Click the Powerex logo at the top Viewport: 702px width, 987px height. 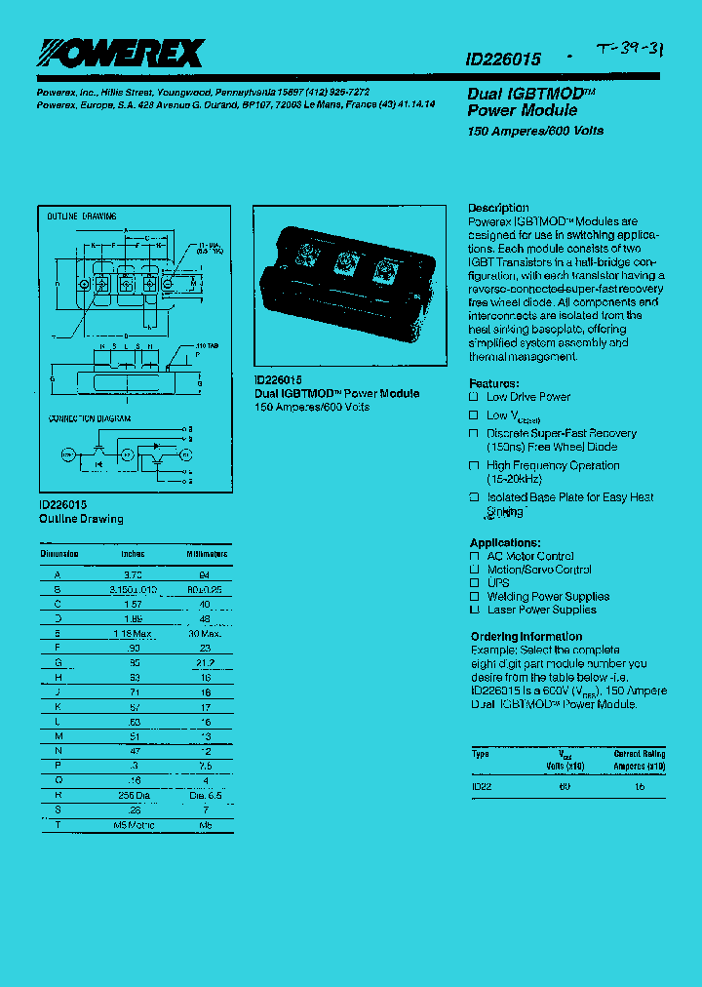114,53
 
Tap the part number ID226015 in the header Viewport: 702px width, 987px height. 504,59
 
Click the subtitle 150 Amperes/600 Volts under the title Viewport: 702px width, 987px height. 535,131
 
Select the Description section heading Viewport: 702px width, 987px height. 498,208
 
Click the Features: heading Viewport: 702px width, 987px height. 494,383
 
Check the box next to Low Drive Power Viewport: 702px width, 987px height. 474,397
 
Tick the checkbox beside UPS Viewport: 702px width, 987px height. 474,583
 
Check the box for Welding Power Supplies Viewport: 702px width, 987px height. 474,596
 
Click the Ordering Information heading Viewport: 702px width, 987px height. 526,637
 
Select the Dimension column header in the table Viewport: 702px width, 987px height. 59,554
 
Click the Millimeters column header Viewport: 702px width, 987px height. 207,554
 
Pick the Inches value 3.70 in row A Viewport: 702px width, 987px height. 133,575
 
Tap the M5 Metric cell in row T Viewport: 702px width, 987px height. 133,825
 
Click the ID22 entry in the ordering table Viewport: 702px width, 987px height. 482,785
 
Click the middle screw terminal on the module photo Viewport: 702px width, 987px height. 343,261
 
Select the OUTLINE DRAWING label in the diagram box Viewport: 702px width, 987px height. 82,216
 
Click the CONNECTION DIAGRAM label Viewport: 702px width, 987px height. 90,417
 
